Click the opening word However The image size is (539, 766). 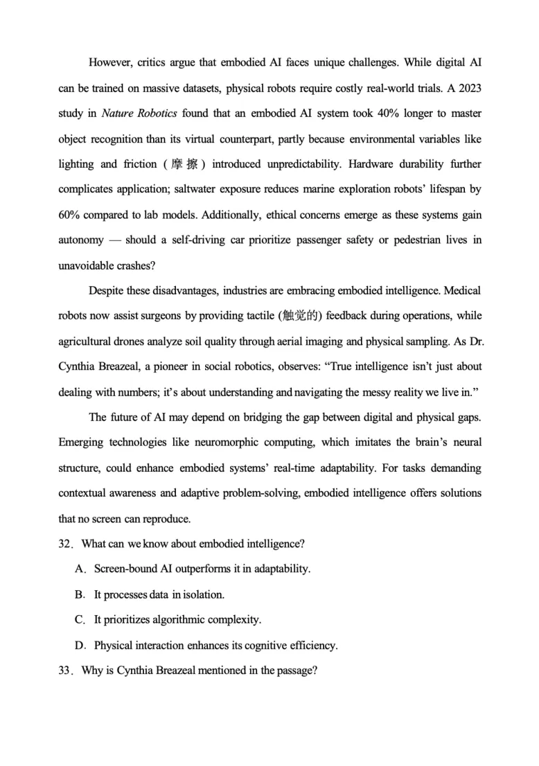(112, 62)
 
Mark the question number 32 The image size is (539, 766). (64, 544)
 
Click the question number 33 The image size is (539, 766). (64, 670)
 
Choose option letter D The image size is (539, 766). (80, 645)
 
